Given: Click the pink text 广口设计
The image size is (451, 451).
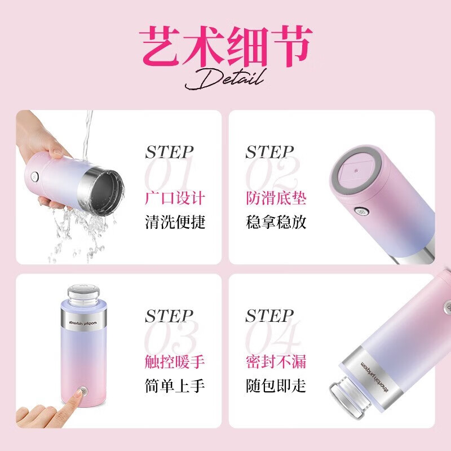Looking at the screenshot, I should [x=175, y=198].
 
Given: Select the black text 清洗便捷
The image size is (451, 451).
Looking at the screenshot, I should [x=175, y=222].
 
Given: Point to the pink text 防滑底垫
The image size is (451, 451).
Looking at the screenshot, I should [x=276, y=198].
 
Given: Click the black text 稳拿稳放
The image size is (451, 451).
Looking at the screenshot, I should [x=276, y=222].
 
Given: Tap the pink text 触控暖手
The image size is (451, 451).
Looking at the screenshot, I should [x=175, y=361].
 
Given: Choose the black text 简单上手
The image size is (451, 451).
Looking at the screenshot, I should [x=175, y=386].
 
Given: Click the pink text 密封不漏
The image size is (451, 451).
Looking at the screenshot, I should [x=276, y=361].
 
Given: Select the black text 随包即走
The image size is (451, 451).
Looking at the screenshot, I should [x=276, y=386].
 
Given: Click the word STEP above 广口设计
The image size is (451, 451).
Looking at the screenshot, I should [x=170, y=152].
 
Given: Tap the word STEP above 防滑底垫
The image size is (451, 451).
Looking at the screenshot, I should [x=269, y=152].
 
